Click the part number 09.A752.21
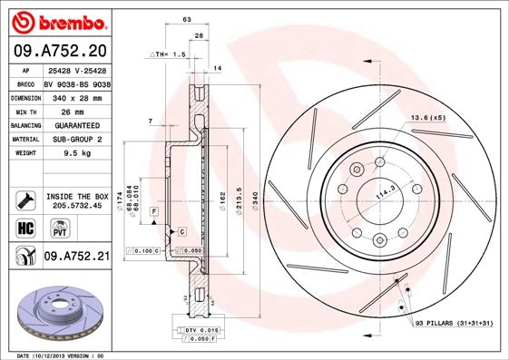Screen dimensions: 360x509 pos(77,257)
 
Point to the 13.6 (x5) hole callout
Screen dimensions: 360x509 pos(428,119)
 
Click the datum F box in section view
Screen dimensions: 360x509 pos(155,210)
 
